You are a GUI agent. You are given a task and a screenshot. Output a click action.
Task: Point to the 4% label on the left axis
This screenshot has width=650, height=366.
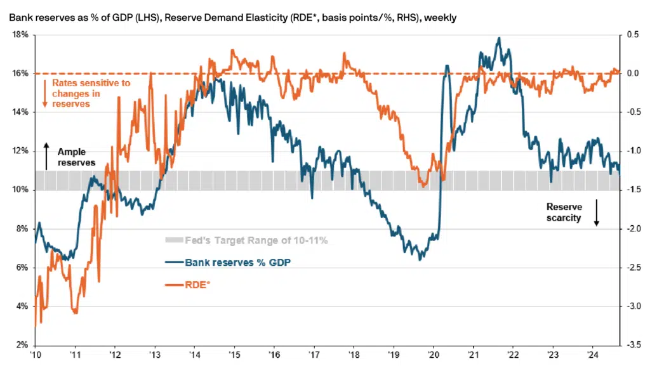[x=21, y=306]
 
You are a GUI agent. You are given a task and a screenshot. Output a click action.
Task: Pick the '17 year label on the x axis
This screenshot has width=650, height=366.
[x=314, y=355]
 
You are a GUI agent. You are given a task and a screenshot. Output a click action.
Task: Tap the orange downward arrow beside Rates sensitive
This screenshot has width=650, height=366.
[x=44, y=93]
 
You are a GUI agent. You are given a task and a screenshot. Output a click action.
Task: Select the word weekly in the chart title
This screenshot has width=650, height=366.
[x=441, y=17]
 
